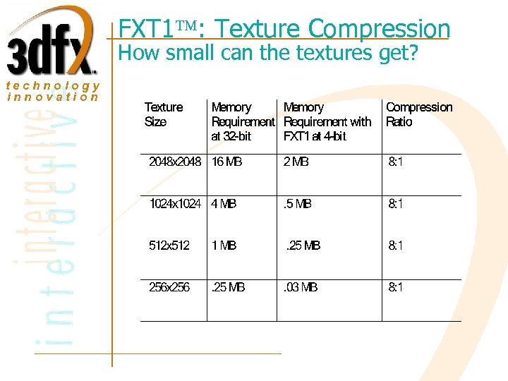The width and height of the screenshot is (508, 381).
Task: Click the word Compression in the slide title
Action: tap(379, 29)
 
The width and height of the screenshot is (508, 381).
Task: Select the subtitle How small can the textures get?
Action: tap(267, 53)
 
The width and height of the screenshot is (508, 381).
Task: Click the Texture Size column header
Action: tap(163, 114)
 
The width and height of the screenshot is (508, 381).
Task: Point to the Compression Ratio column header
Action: tap(419, 114)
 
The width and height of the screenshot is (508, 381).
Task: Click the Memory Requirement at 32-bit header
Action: tap(242, 121)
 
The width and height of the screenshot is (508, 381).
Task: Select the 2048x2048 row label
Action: tap(176, 162)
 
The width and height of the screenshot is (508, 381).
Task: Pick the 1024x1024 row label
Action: tap(175, 204)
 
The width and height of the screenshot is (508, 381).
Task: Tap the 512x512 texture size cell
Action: tap(169, 246)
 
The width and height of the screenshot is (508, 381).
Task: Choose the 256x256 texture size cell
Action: tap(169, 287)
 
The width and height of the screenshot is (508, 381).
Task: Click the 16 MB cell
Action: tap(227, 162)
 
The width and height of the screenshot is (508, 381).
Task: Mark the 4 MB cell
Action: tap(224, 204)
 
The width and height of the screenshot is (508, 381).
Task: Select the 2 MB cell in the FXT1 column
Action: tap(296, 162)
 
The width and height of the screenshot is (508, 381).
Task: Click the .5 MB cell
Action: tap(298, 204)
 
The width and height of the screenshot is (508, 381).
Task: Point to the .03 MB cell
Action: tap(301, 287)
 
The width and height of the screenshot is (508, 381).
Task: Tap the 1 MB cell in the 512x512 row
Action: tap(224, 246)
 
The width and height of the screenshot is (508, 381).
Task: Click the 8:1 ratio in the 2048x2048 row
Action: tap(396, 162)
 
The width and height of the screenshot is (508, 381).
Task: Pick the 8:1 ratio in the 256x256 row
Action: tap(396, 287)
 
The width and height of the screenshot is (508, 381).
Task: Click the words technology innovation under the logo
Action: tap(53, 91)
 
